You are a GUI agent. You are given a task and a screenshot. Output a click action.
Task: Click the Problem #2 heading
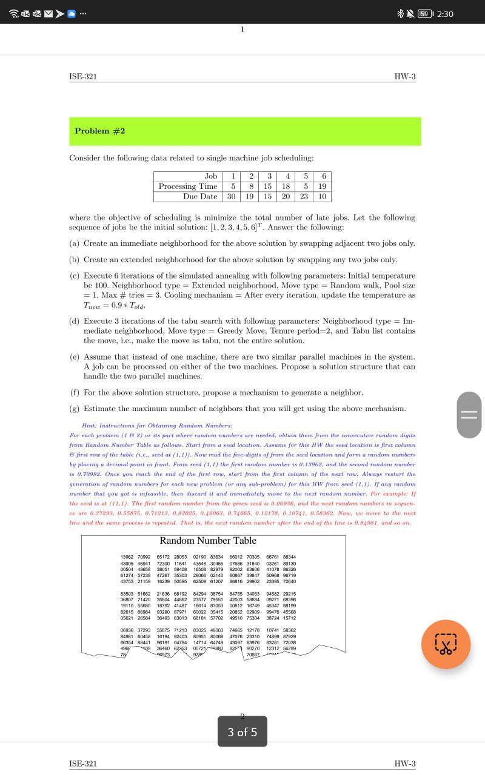point(100,131)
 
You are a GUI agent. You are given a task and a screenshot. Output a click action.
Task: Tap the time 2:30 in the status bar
point(445,14)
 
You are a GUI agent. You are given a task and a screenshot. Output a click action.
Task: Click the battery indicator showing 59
point(426,14)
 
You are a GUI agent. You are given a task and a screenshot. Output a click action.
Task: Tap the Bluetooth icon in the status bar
point(401,14)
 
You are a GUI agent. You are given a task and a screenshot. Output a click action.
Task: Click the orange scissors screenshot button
point(446,644)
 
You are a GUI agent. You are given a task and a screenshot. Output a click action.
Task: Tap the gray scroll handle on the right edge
point(469,415)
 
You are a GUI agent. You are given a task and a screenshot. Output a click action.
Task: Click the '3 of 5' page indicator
point(242,732)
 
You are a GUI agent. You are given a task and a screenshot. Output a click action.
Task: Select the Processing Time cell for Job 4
point(286,186)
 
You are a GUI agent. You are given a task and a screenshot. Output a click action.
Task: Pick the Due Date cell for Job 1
point(231,196)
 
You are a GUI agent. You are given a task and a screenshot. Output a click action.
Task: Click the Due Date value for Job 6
point(322,196)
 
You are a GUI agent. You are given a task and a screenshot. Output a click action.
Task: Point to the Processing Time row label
point(188,186)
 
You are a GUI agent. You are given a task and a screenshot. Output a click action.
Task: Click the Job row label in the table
point(210,176)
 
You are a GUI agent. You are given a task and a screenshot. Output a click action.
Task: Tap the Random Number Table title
point(208,541)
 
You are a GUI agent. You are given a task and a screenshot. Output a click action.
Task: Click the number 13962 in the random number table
point(127,557)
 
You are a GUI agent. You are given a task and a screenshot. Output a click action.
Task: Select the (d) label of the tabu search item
point(75,321)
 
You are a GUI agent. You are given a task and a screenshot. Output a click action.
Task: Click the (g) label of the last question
point(75,409)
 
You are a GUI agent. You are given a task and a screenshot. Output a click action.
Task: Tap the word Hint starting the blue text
point(89,426)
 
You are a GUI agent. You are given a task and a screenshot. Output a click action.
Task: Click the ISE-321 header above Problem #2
point(83,76)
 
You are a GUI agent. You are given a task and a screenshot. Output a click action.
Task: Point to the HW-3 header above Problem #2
point(404,76)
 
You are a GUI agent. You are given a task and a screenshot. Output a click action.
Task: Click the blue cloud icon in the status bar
point(72,14)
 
